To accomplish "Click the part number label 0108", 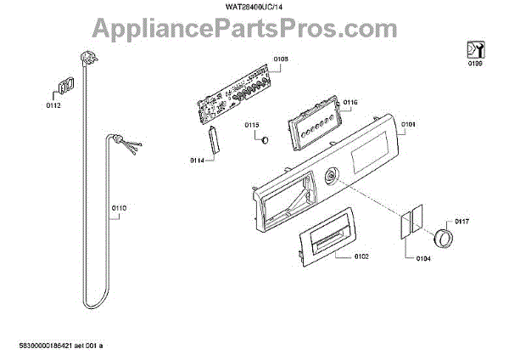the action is [x=281, y=58].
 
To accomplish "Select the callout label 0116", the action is [x=350, y=102].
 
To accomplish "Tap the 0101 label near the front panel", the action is [x=408, y=124].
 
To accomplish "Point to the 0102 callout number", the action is [x=361, y=256].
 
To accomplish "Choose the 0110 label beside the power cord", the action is [x=119, y=207].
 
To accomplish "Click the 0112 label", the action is [x=53, y=106].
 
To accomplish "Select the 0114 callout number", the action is [x=198, y=160].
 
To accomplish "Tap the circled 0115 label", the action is [x=252, y=126].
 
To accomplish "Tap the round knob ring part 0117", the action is [x=443, y=237].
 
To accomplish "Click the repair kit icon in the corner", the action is [x=473, y=48].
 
